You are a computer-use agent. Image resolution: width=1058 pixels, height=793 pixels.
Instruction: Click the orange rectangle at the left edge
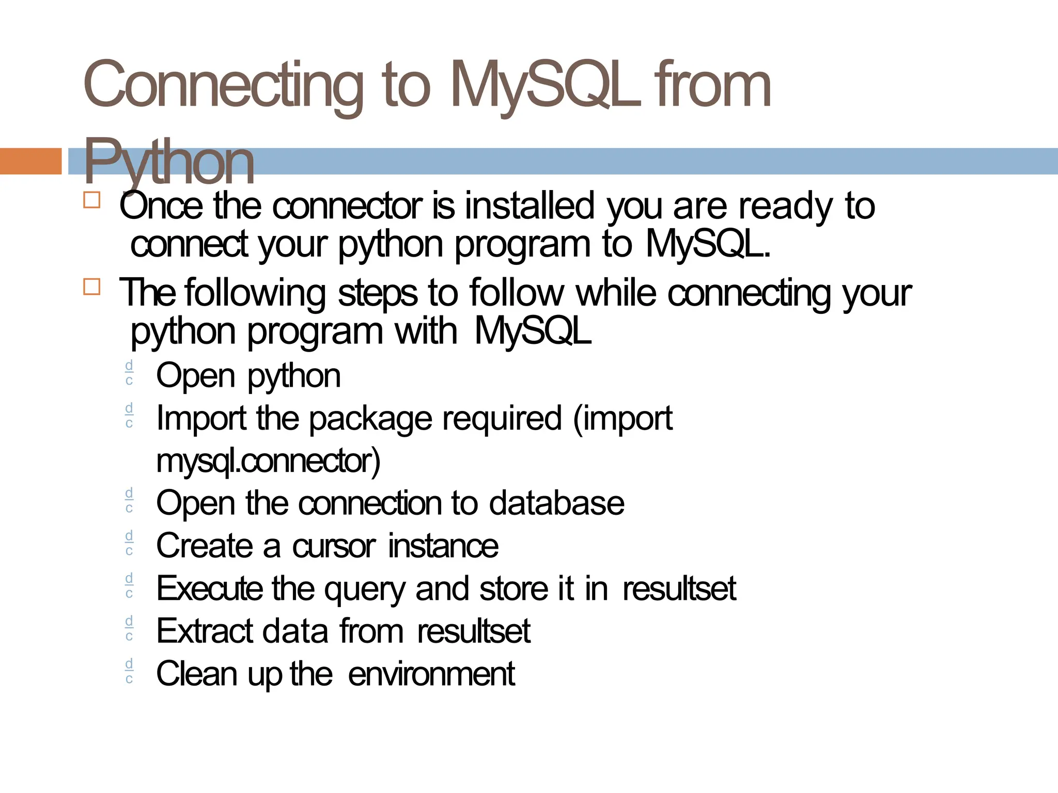click(30, 161)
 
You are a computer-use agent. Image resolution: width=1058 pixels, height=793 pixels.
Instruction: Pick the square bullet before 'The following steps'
click(91, 287)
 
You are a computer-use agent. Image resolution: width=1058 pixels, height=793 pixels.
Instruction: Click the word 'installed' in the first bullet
click(530, 205)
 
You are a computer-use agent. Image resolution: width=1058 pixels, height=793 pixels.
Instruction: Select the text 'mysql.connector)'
click(268, 461)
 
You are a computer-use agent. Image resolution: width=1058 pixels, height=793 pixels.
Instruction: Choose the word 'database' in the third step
click(556, 503)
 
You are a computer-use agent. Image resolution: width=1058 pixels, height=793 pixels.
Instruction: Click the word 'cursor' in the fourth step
click(334, 546)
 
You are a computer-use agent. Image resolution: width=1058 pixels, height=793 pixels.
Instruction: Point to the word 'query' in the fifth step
click(364, 589)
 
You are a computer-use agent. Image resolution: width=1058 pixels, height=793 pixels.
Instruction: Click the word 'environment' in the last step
click(431, 674)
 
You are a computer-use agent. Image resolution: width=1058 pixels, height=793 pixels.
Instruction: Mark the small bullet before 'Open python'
click(129, 373)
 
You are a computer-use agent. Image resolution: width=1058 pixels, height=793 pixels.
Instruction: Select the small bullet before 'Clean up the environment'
click(129, 671)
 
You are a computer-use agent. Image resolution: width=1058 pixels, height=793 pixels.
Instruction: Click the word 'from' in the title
click(712, 85)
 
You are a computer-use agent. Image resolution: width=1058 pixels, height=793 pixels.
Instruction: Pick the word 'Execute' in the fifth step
click(209, 589)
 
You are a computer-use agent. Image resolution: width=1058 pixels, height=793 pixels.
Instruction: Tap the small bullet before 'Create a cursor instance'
click(129, 543)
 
